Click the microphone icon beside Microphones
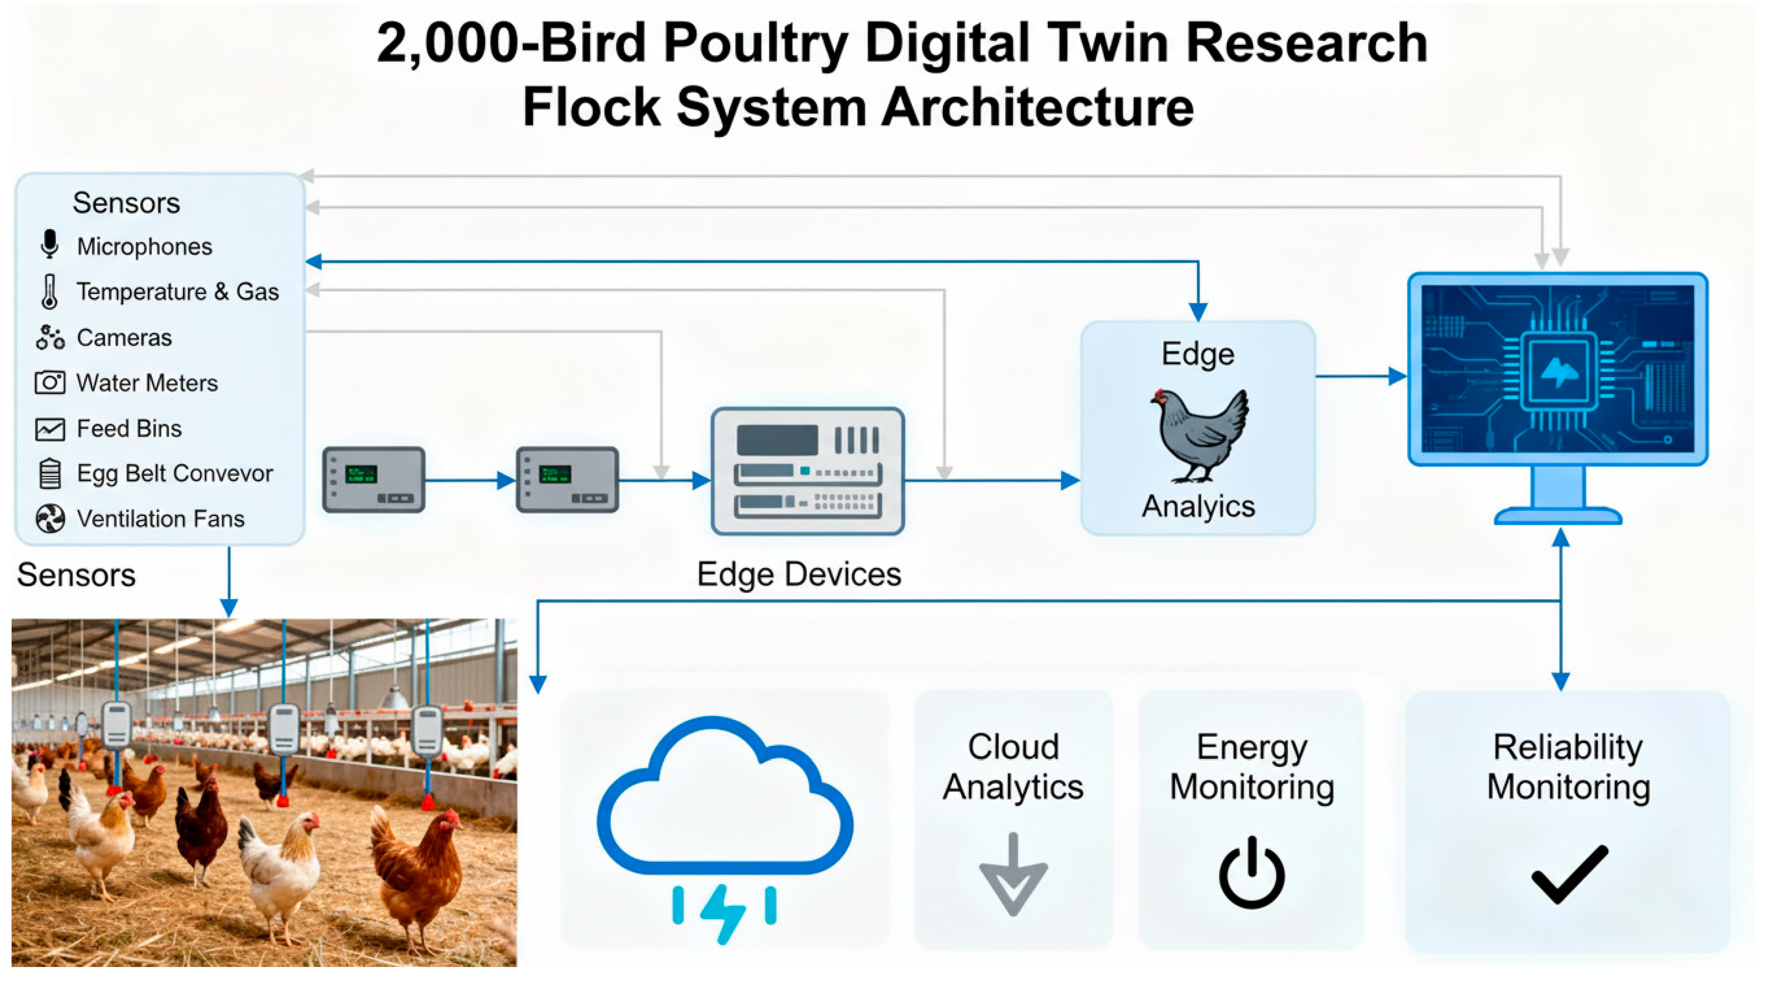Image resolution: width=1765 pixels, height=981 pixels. click(x=49, y=244)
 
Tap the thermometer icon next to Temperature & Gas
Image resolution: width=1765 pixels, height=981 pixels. click(x=49, y=292)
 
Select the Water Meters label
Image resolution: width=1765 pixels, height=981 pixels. click(x=147, y=383)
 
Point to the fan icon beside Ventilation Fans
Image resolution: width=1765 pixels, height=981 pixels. click(x=50, y=518)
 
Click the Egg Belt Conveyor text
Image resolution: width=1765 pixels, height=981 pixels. click(x=175, y=473)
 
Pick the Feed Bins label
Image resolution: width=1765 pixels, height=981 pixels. click(x=129, y=428)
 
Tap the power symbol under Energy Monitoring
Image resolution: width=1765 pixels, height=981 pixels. click(x=1251, y=872)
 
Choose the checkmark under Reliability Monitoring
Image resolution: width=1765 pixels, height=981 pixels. click(x=1569, y=874)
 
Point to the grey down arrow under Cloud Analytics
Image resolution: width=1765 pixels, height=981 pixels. click(x=1013, y=875)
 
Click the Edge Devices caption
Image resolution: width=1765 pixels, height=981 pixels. click(x=799, y=574)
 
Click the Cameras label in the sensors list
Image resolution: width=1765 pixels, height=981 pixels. click(x=124, y=337)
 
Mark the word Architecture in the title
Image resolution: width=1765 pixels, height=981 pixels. click(x=1037, y=108)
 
